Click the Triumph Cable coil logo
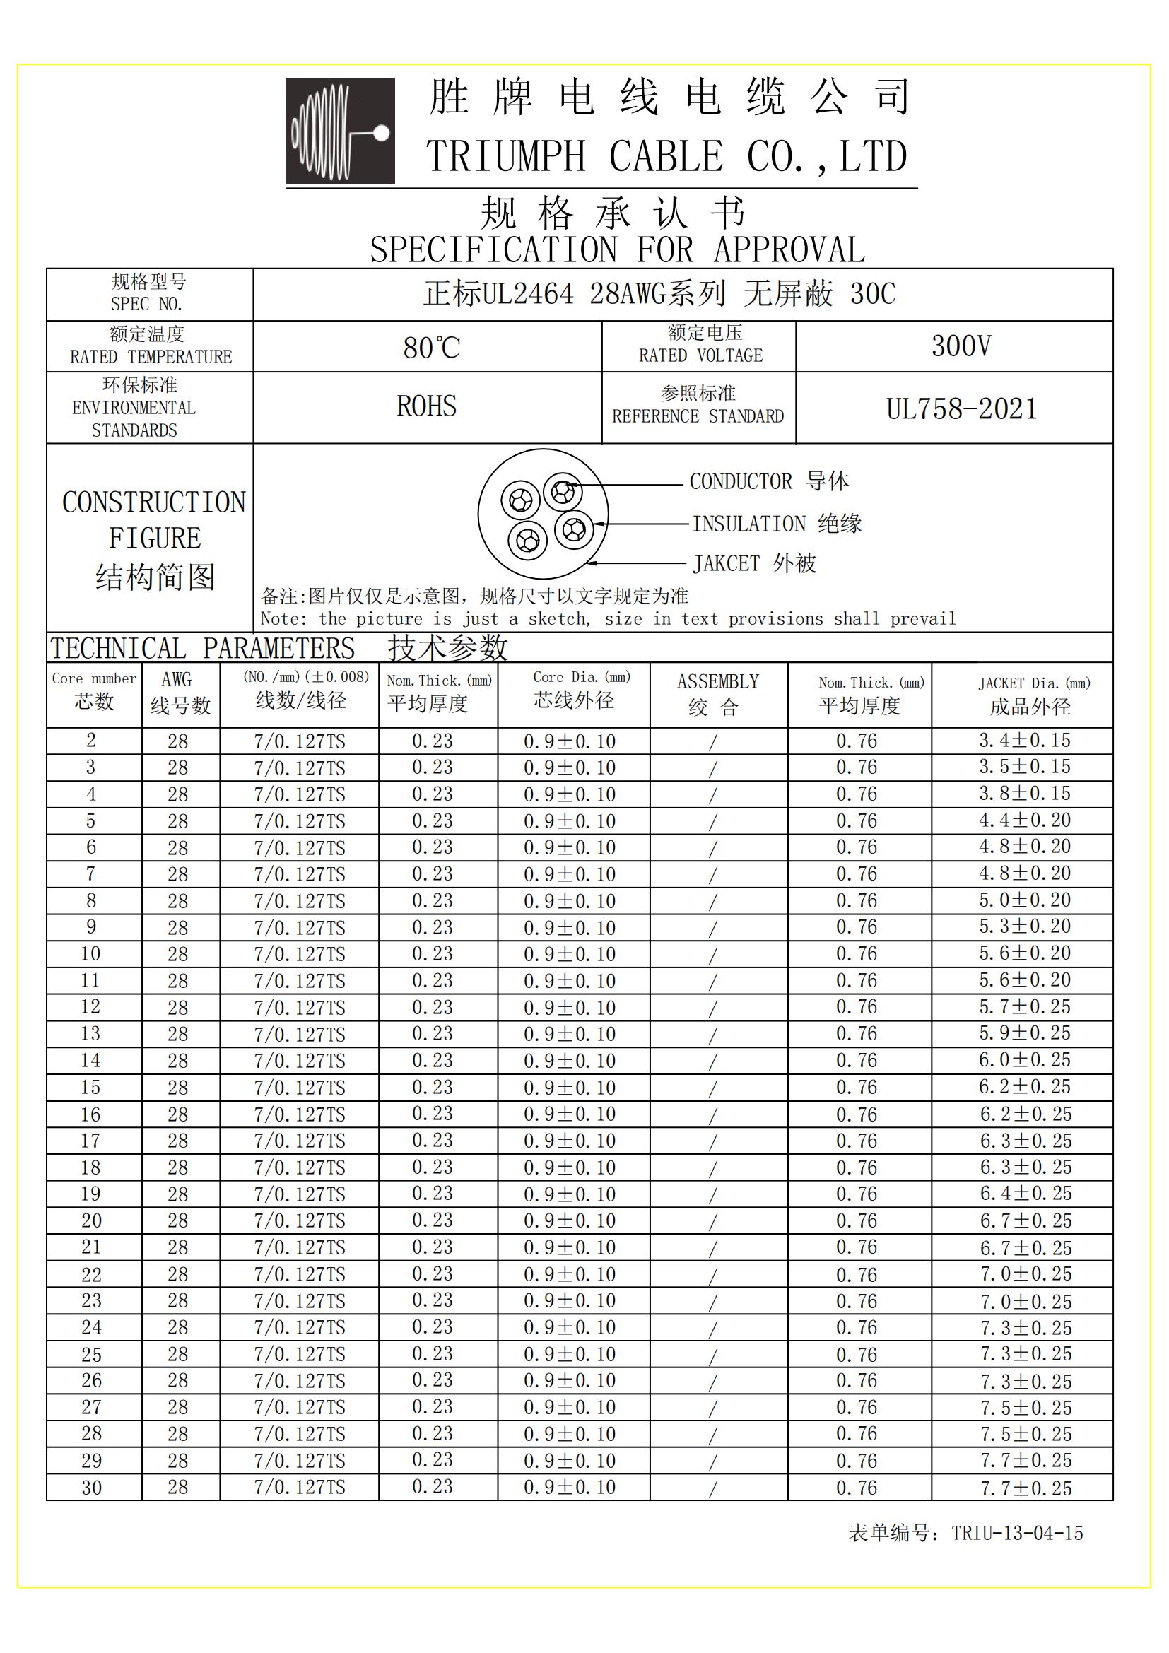pyautogui.click(x=341, y=130)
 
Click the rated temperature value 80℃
pyautogui.click(x=431, y=348)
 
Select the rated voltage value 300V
pyautogui.click(x=961, y=346)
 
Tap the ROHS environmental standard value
pyautogui.click(x=426, y=407)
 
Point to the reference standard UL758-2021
pyautogui.click(x=961, y=410)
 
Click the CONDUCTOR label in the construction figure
pyautogui.click(x=740, y=482)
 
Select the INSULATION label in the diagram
pyautogui.click(x=748, y=524)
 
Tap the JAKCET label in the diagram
pyautogui.click(x=726, y=564)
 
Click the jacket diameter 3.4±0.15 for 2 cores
pyautogui.click(x=1024, y=741)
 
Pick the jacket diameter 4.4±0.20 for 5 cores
pyautogui.click(x=1024, y=820)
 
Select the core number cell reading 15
pyautogui.click(x=90, y=1088)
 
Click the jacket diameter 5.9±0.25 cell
pyautogui.click(x=1024, y=1034)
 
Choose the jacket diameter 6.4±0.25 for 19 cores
pyautogui.click(x=1026, y=1194)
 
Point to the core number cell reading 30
pyautogui.click(x=91, y=1488)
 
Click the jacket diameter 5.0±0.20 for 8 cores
pyautogui.click(x=1024, y=900)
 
